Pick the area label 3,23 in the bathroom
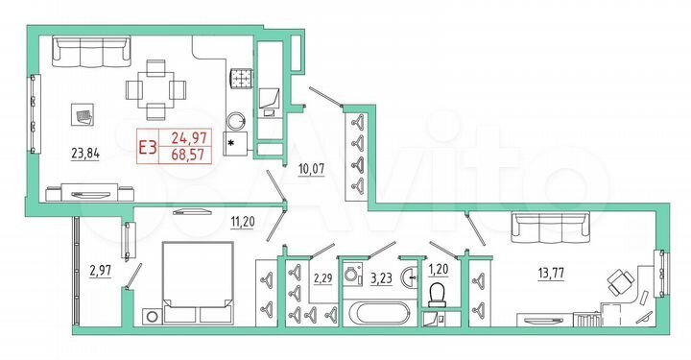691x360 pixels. tap(383, 280)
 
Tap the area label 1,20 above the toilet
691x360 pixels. tap(440, 270)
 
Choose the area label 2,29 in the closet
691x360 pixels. tap(322, 279)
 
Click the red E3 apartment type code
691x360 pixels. tap(149, 146)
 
